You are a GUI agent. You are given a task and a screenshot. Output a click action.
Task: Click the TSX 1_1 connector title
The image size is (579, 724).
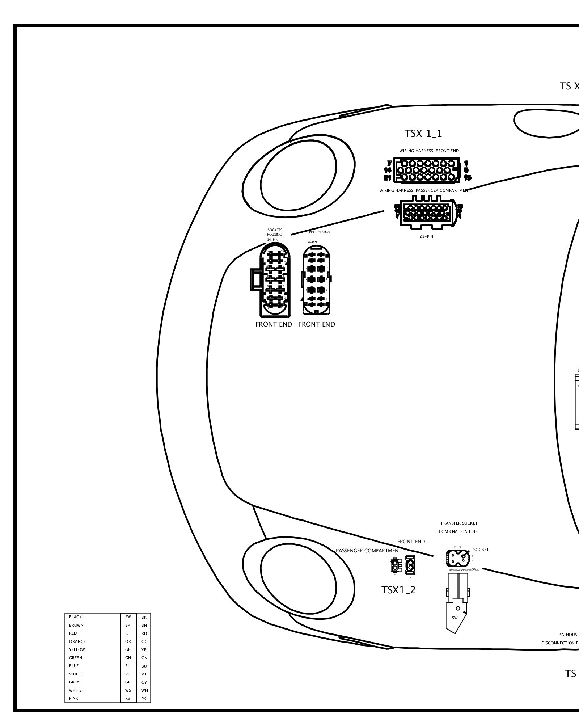[x=423, y=134]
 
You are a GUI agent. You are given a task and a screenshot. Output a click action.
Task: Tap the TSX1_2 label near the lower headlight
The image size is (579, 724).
[x=398, y=590]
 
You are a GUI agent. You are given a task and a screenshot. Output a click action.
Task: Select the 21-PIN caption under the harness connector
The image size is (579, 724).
[x=426, y=236]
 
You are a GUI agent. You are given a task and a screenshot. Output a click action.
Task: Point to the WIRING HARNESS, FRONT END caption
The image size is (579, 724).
[x=429, y=151]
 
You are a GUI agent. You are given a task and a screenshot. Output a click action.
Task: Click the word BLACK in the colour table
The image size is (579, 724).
[x=75, y=617]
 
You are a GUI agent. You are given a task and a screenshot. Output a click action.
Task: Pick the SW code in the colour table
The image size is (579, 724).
[x=128, y=617]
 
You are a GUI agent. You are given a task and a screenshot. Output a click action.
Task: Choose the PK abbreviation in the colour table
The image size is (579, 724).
[x=144, y=699]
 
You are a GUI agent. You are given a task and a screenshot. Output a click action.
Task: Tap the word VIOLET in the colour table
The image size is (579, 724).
[x=76, y=674]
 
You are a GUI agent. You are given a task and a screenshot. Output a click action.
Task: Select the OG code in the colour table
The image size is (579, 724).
[x=144, y=641]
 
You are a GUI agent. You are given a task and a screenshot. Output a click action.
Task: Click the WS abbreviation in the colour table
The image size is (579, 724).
[x=128, y=690]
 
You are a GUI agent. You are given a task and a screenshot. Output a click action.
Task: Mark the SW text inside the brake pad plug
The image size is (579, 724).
[x=455, y=618]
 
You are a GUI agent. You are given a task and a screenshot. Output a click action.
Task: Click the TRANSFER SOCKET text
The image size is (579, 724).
[x=458, y=523]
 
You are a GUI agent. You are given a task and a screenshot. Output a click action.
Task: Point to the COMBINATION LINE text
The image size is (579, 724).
[x=458, y=531]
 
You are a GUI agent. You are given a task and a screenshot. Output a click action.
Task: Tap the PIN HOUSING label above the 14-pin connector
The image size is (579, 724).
[x=319, y=232]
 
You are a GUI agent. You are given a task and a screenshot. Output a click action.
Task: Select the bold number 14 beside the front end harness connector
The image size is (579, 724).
[x=388, y=170]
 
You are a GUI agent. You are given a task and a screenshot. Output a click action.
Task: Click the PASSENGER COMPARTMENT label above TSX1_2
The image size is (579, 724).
[x=368, y=551]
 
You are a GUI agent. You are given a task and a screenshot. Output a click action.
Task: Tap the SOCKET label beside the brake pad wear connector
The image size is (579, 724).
[x=481, y=550]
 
